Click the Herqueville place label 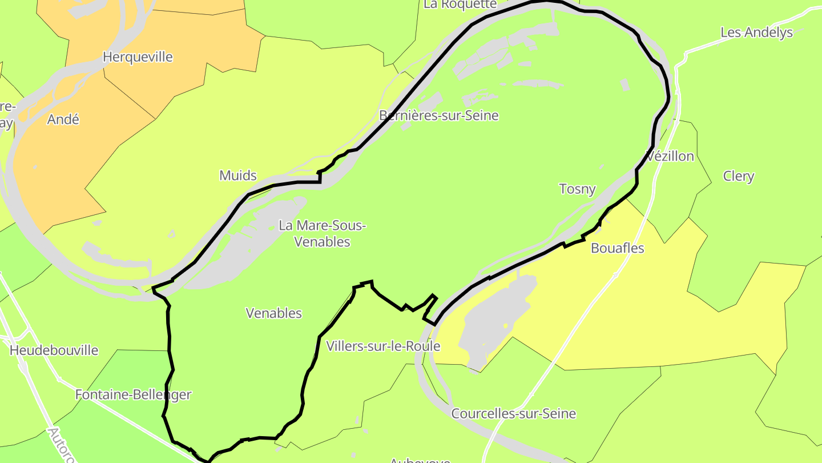pyautogui.click(x=137, y=57)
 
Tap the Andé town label pyautogui.click(x=63, y=119)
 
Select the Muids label pyautogui.click(x=238, y=175)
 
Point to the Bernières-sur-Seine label pyautogui.click(x=438, y=115)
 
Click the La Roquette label pyautogui.click(x=460, y=5)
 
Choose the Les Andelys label pyautogui.click(x=756, y=33)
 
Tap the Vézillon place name pyautogui.click(x=670, y=156)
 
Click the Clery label pyautogui.click(x=739, y=176)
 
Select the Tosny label pyautogui.click(x=577, y=189)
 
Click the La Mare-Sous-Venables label pyautogui.click(x=322, y=233)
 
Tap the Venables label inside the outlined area pyautogui.click(x=273, y=313)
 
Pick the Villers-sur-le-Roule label pyautogui.click(x=383, y=346)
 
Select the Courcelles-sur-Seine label pyautogui.click(x=513, y=414)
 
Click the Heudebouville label pyautogui.click(x=54, y=350)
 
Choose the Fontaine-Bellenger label pyautogui.click(x=133, y=394)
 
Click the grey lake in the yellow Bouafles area pyautogui.click(x=497, y=320)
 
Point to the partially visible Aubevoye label pyautogui.click(x=420, y=460)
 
